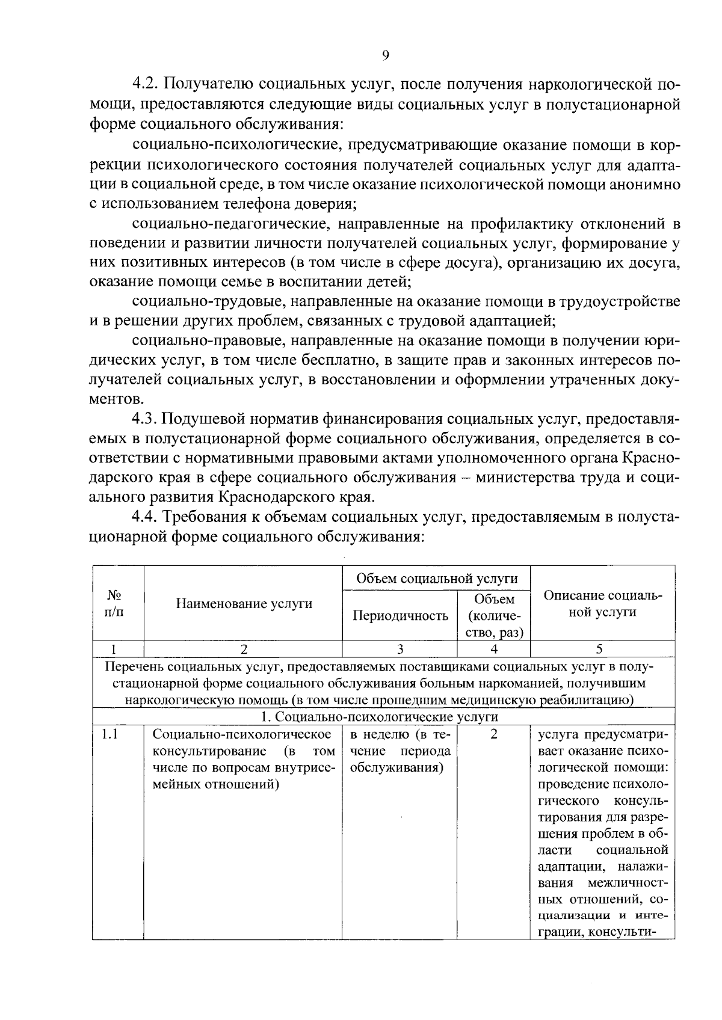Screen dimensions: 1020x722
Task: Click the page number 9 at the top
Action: [x=385, y=55]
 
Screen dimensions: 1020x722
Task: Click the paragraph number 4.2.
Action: [x=146, y=84]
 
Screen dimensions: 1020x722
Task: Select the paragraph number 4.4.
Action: [x=146, y=517]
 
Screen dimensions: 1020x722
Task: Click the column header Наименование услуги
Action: [x=243, y=604]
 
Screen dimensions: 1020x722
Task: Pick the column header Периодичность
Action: [x=400, y=615]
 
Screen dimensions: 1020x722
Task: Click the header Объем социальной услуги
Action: [x=436, y=579]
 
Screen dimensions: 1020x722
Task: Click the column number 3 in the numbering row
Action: [x=400, y=649]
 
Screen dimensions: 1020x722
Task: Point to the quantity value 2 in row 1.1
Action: [x=493, y=734]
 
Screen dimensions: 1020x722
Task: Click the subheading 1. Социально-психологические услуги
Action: [x=379, y=717]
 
